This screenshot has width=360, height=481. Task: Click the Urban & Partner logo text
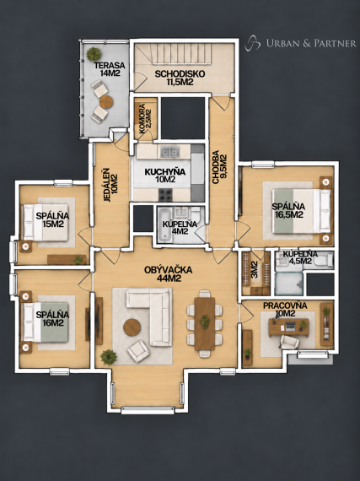pos(311,43)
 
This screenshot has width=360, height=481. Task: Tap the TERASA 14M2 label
pos(110,69)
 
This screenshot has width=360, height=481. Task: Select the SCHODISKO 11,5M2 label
pos(180,78)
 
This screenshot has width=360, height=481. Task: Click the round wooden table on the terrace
pos(106,102)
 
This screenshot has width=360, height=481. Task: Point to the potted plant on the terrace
pos(94,54)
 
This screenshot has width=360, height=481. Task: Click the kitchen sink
pos(170,152)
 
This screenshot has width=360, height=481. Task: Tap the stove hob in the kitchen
pos(165,195)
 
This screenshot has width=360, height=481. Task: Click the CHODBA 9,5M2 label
pos(219,167)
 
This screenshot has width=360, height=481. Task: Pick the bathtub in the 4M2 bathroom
pos(165,224)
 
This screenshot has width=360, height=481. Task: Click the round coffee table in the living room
pos(132,327)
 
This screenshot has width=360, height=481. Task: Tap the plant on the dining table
pos(205,322)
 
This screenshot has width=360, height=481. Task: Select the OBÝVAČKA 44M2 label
pos(169,274)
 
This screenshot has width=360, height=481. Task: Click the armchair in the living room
pos(138,351)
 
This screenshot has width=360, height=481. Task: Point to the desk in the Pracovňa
pos(288,327)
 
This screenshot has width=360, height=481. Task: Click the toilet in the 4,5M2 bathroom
pos(324,261)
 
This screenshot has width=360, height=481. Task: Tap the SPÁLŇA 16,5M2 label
pos(288,210)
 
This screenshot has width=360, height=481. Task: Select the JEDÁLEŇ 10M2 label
pos(110,185)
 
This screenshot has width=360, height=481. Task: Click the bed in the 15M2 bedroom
pos(46,223)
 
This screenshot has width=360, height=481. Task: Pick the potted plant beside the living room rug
pos(109,357)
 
